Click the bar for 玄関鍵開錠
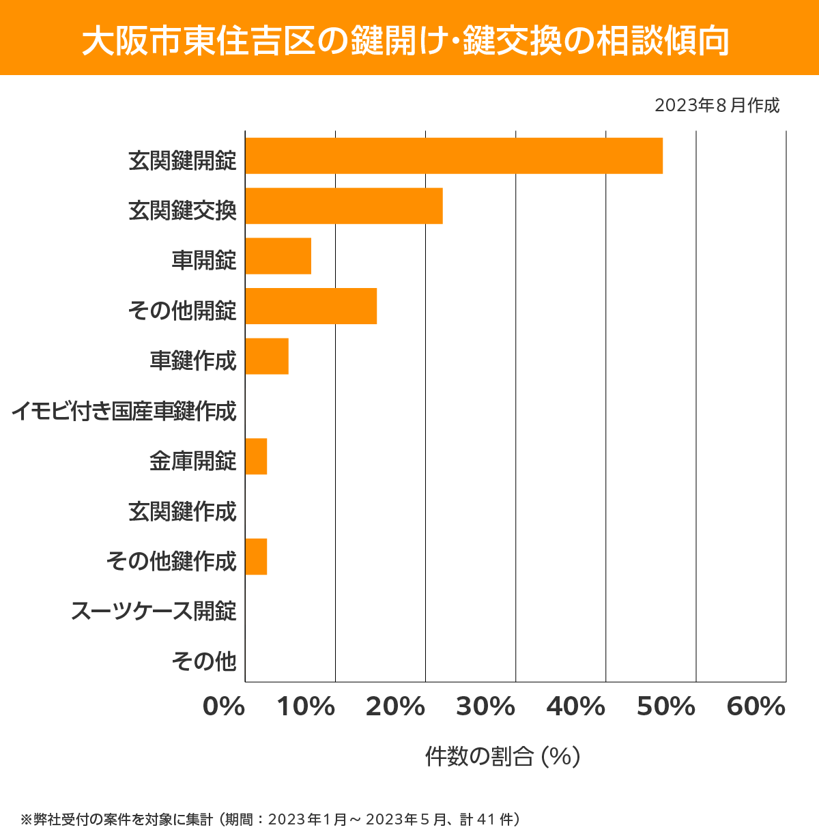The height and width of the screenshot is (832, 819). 454,156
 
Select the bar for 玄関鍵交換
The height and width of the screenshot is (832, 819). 344,205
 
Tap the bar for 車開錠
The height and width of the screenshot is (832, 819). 278,256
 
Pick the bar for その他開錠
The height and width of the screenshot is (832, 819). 311,306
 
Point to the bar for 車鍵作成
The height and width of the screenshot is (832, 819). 267,356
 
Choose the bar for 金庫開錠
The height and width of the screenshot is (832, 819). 256,457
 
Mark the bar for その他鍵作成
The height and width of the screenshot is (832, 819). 256,557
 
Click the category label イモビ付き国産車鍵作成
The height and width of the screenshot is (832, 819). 124,411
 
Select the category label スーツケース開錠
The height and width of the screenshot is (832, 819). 154,611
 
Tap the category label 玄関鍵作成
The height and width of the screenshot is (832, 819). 182,511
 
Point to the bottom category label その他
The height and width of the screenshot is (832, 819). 204,661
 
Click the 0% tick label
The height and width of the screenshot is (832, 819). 224,707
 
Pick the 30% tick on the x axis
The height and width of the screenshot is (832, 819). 485,707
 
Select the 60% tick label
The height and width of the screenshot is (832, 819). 756,707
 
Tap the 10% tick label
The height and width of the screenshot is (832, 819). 306,707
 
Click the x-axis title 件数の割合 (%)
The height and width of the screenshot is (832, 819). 502,756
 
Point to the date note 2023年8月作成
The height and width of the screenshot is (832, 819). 717,106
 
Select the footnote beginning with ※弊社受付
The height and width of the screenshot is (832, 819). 270,819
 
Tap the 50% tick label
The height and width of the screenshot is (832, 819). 666,707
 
